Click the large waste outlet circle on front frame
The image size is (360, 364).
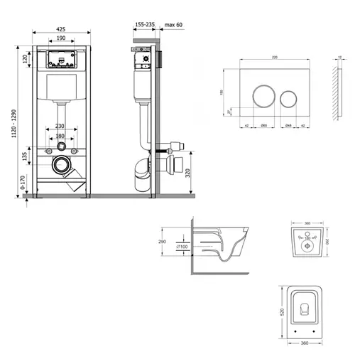click(62, 168)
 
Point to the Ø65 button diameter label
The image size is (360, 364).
click(263, 126)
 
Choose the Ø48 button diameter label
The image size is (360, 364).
click(288, 126)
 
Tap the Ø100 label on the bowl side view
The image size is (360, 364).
click(182, 247)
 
